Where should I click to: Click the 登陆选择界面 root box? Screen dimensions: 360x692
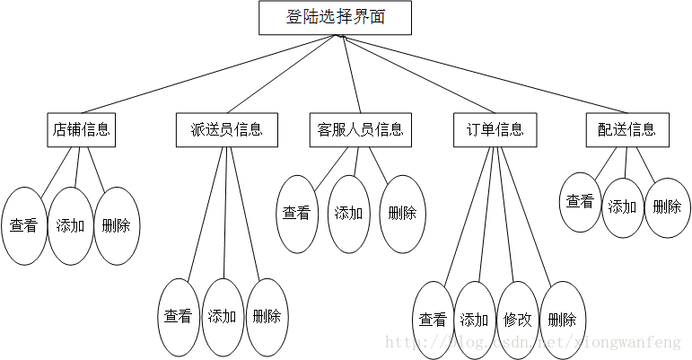(x=335, y=18)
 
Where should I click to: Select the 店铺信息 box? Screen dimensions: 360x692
(x=82, y=129)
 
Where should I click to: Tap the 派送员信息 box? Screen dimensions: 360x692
(x=226, y=129)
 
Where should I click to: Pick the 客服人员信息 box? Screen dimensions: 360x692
(x=360, y=129)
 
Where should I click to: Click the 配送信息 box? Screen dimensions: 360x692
(x=626, y=129)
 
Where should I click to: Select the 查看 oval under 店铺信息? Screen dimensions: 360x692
(x=24, y=225)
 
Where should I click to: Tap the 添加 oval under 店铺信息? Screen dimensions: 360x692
(x=71, y=225)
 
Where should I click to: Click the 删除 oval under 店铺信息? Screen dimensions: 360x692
(x=117, y=225)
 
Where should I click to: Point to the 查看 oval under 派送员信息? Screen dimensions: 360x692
(x=179, y=316)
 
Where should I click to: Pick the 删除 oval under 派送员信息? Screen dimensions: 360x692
(x=267, y=316)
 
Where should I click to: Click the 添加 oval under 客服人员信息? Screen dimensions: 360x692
(x=349, y=214)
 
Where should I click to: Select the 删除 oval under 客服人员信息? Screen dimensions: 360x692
(x=401, y=214)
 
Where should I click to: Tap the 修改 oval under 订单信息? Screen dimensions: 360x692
(x=518, y=320)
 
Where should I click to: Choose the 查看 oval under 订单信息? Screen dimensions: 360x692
(x=433, y=320)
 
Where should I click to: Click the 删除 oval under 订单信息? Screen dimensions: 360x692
(x=562, y=320)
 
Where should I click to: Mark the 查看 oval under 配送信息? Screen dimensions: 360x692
(x=580, y=202)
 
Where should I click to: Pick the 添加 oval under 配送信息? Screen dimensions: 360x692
(x=623, y=206)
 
